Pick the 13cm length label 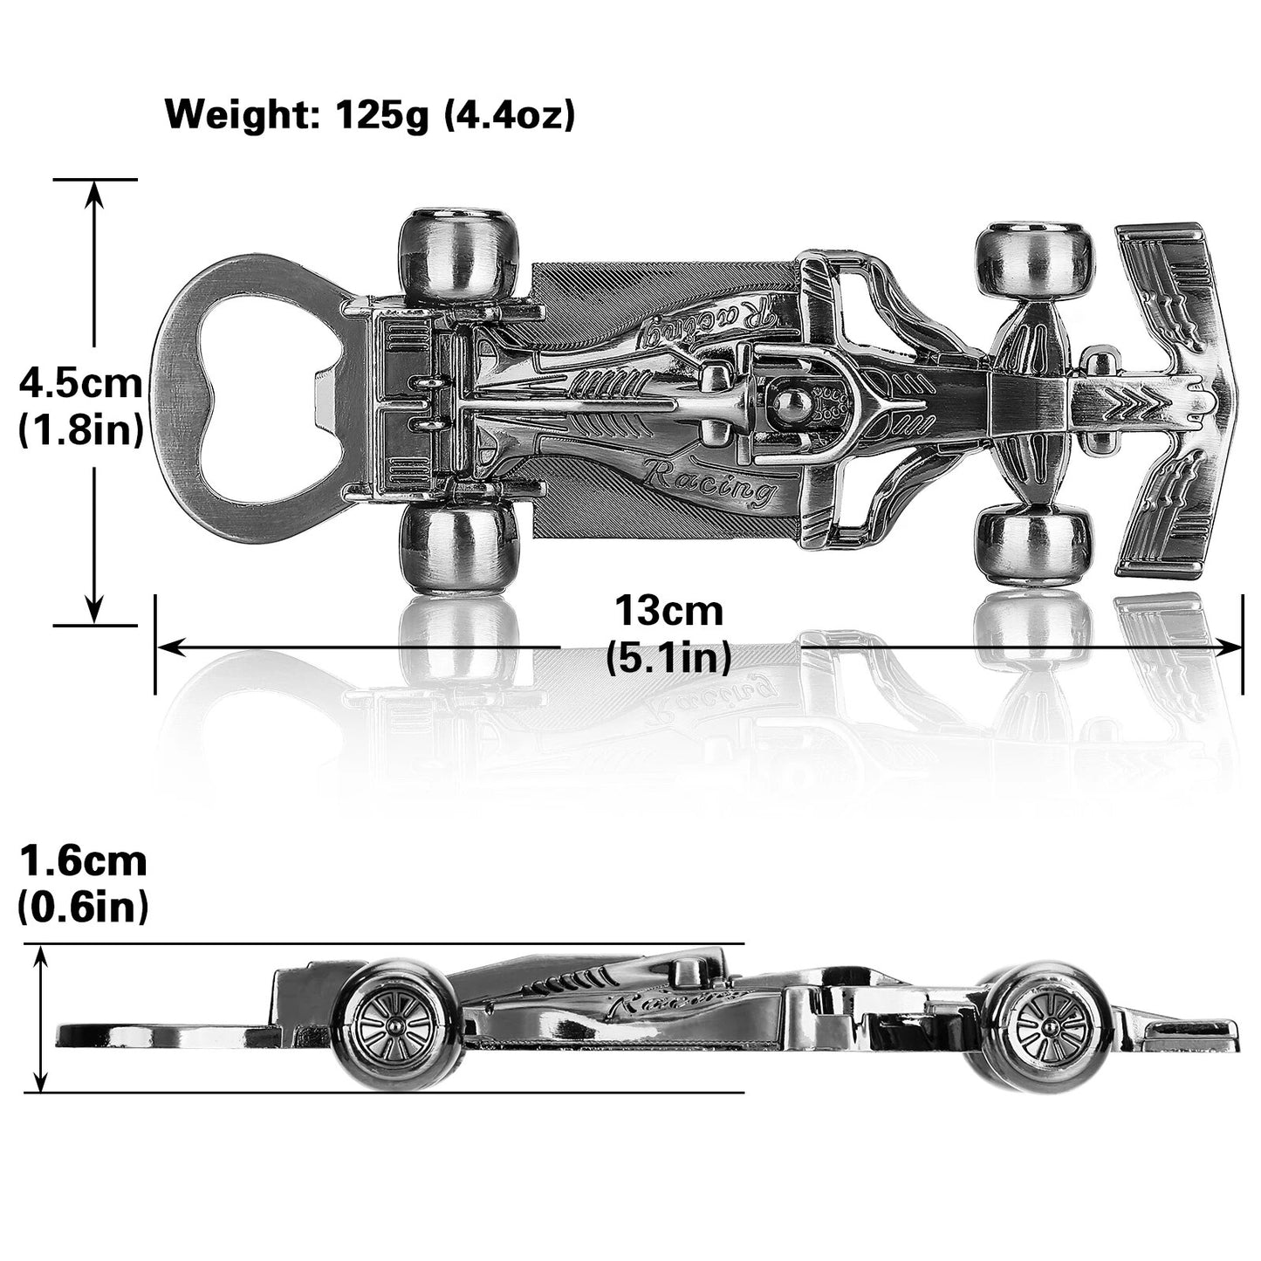tap(668, 611)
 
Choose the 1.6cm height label tap(84, 861)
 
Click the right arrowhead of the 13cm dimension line tap(1231, 648)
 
